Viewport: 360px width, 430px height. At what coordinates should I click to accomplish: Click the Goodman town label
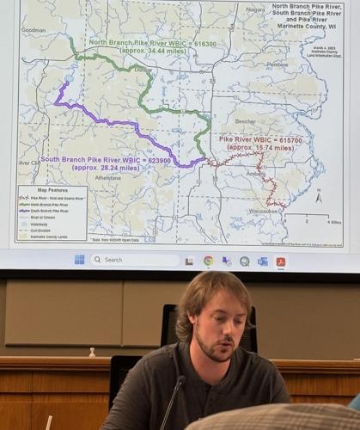click(33, 29)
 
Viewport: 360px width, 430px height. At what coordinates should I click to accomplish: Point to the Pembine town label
click(278, 64)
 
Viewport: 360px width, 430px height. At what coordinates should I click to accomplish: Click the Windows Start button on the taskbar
click(79, 259)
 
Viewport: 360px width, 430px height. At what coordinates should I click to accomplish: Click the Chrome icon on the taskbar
click(208, 260)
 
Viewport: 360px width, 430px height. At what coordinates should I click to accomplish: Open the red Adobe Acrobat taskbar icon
click(280, 261)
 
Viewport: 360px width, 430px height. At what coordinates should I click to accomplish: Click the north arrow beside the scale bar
click(318, 198)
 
